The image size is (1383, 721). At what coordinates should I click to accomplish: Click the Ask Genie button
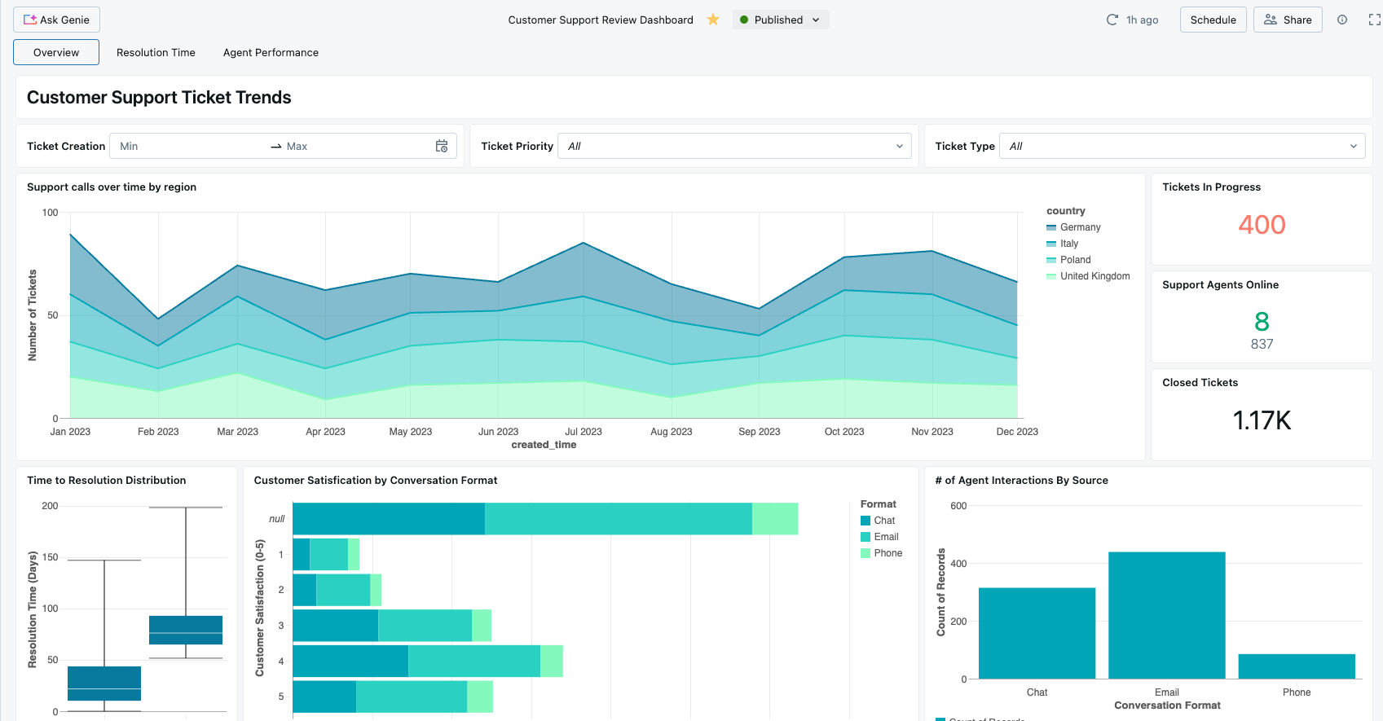[x=56, y=20]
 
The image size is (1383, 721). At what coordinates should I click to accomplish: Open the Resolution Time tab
[x=156, y=52]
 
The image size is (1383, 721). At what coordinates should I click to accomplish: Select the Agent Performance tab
[x=271, y=52]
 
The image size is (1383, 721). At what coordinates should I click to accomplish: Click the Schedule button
[x=1213, y=20]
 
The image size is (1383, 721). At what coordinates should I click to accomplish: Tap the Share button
[x=1288, y=20]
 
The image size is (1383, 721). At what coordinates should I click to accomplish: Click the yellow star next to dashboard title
[x=713, y=20]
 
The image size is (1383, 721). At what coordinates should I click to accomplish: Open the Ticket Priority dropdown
[x=734, y=146]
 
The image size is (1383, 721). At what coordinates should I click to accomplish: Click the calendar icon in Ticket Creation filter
[x=442, y=146]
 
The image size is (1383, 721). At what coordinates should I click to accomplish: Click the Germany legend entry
[x=1080, y=227]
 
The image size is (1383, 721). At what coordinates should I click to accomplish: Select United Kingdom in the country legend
[x=1095, y=276]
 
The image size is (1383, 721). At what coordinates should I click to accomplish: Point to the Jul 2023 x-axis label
[x=584, y=432]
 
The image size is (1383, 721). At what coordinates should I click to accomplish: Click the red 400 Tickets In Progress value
[x=1262, y=225]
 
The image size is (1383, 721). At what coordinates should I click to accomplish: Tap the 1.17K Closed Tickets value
[x=1262, y=420]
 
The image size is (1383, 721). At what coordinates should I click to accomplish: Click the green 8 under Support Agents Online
[x=1262, y=321]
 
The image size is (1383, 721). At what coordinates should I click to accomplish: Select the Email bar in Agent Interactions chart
[x=1166, y=615]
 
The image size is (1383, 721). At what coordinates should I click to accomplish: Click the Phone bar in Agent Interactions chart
[x=1296, y=666]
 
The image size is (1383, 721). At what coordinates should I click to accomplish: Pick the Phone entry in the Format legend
[x=887, y=553]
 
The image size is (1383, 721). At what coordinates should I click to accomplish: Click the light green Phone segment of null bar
[x=774, y=519]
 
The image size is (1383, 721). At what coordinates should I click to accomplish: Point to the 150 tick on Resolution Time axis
[x=51, y=557]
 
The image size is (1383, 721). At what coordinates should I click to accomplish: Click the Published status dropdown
[x=780, y=20]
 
